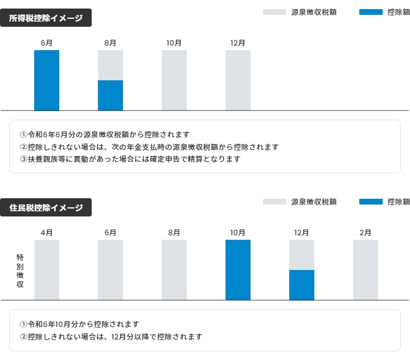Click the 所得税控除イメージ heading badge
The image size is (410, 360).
point(46,18)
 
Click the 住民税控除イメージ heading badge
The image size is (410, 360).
point(46,208)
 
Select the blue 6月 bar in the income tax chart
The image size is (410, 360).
point(47,80)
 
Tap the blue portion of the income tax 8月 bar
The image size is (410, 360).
point(110,95)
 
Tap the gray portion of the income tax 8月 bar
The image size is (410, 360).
point(110,65)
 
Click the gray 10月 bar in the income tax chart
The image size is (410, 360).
point(174,80)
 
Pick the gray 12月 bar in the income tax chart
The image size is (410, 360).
point(238,80)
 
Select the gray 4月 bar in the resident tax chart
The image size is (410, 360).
point(47,270)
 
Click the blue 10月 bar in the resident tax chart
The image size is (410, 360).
point(238,270)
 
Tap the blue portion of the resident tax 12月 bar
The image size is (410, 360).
point(302,285)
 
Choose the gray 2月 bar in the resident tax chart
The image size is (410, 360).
point(366,270)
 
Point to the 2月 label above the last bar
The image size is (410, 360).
point(366,232)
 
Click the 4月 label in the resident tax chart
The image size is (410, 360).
point(47,232)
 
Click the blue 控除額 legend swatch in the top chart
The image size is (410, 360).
point(371,12)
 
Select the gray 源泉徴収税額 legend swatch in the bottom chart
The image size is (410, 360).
point(274,202)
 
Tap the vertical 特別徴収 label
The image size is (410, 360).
point(20,271)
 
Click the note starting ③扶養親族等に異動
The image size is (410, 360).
point(130,159)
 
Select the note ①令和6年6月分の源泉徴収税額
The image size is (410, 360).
point(105,134)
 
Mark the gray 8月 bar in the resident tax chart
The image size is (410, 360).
point(174,270)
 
